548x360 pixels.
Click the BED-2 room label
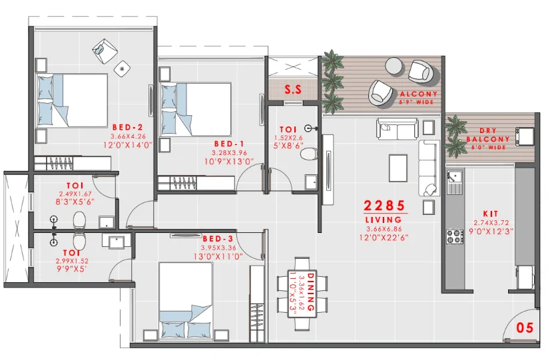(x=128, y=128)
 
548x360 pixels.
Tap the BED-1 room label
(x=229, y=144)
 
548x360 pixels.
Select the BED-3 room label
(x=218, y=239)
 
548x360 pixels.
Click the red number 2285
(x=384, y=206)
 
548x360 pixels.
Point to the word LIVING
(x=384, y=220)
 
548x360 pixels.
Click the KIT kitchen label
(x=491, y=214)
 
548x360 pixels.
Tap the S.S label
(x=293, y=89)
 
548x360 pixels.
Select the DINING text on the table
(x=310, y=292)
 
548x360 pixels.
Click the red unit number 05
(x=525, y=328)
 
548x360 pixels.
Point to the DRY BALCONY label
(x=488, y=135)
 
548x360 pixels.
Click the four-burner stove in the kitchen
(x=455, y=236)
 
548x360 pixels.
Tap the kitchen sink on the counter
(x=454, y=182)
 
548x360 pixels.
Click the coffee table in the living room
(x=398, y=168)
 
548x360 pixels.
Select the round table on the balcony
(x=394, y=67)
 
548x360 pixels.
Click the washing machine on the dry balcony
(x=525, y=136)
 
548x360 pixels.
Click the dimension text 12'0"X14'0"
(x=128, y=145)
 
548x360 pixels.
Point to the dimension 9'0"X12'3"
(x=491, y=231)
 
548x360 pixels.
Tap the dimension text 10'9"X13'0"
(x=229, y=161)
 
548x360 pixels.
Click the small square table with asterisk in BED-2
(x=123, y=69)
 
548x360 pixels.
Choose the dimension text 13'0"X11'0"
(x=218, y=257)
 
